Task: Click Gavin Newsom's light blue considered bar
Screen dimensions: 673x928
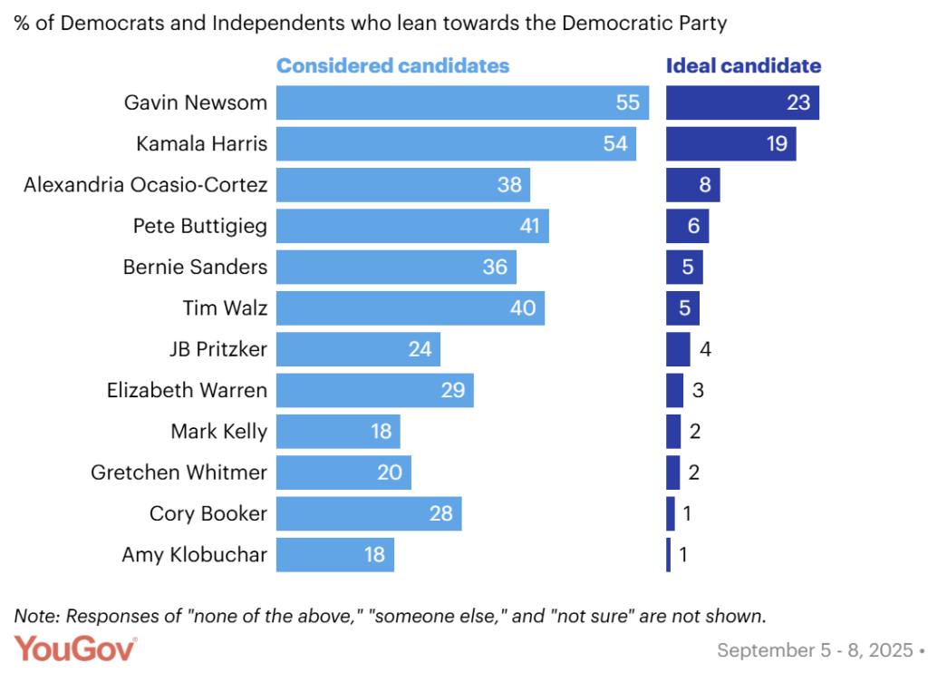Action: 462,102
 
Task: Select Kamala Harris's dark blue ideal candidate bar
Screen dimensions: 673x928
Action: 731,143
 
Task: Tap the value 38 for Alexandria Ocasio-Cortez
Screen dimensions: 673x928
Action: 509,184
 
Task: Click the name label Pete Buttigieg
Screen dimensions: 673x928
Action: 200,226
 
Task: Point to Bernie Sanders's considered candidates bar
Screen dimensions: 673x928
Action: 396,267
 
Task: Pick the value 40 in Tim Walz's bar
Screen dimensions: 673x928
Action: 523,307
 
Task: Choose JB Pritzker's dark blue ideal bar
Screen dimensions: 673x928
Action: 678,349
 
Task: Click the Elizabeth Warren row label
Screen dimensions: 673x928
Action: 187,390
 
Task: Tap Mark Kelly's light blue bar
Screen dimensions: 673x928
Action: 338,431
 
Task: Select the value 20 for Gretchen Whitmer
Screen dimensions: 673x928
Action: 391,472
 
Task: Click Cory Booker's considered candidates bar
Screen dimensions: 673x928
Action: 369,513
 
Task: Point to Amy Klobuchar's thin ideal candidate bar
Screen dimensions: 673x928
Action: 669,554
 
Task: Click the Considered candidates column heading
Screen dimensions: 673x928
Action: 392,66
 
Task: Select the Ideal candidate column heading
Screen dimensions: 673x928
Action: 743,66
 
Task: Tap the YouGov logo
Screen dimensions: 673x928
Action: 75,649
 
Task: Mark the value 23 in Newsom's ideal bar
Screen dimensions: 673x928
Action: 797,102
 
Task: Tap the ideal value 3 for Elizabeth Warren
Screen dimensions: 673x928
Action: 698,391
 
